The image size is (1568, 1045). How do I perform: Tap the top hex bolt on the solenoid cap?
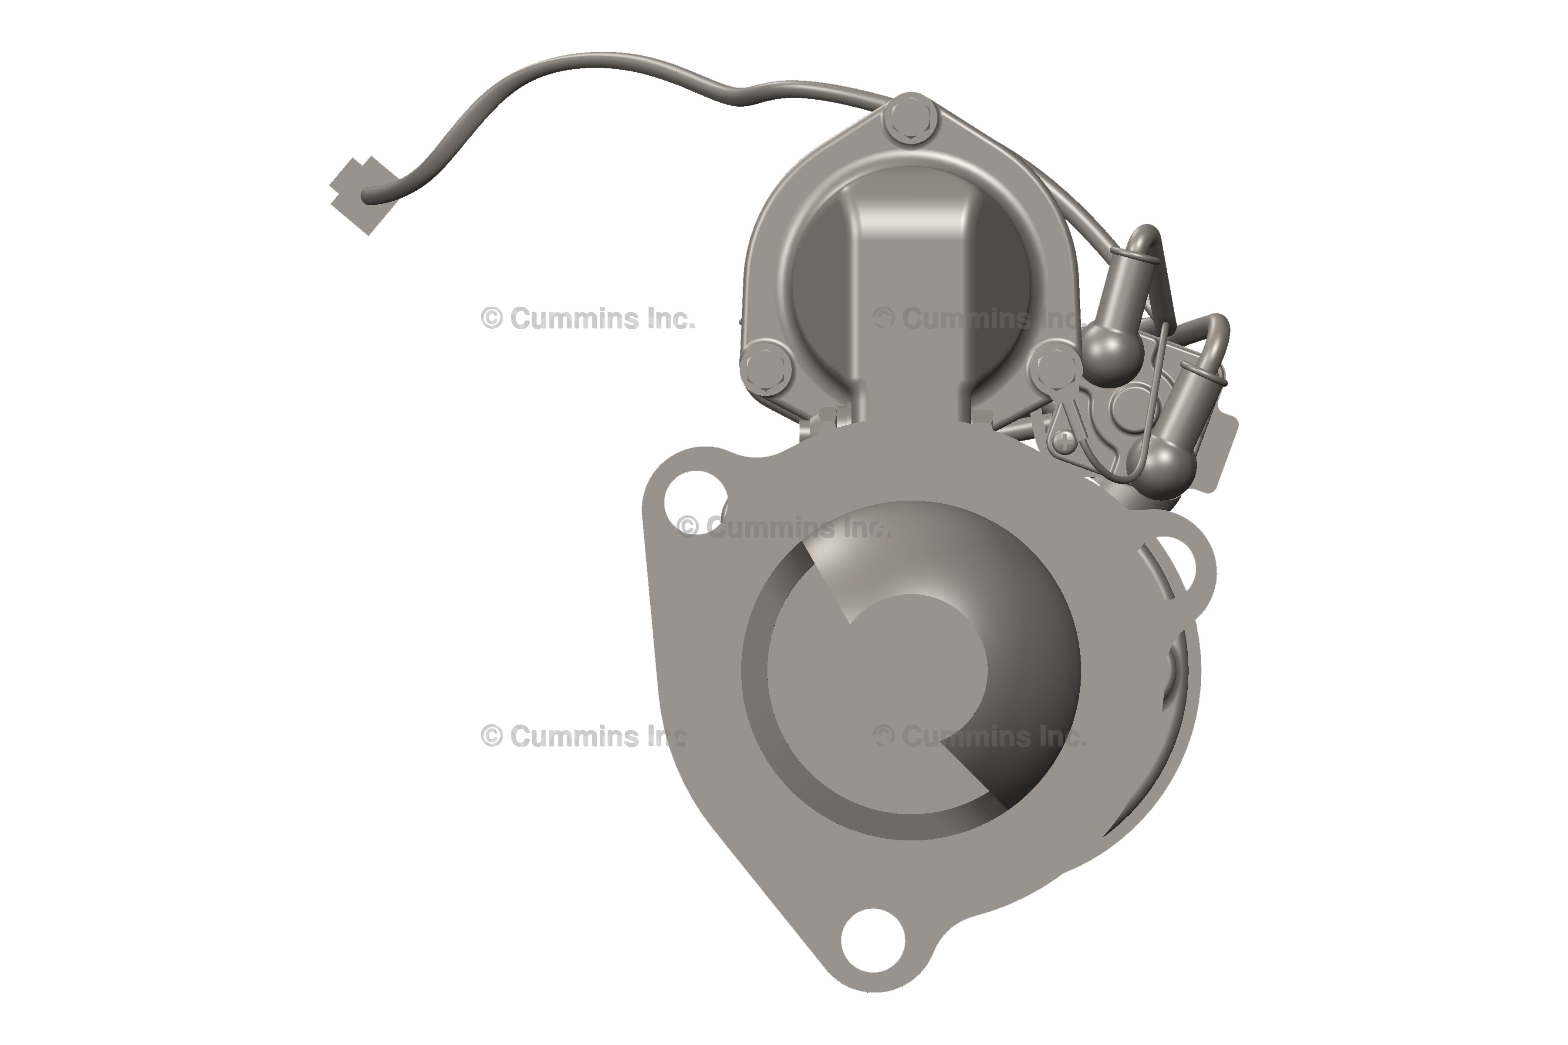pyautogui.click(x=911, y=121)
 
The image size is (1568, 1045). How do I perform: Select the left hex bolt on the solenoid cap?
pyautogui.click(x=765, y=367)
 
